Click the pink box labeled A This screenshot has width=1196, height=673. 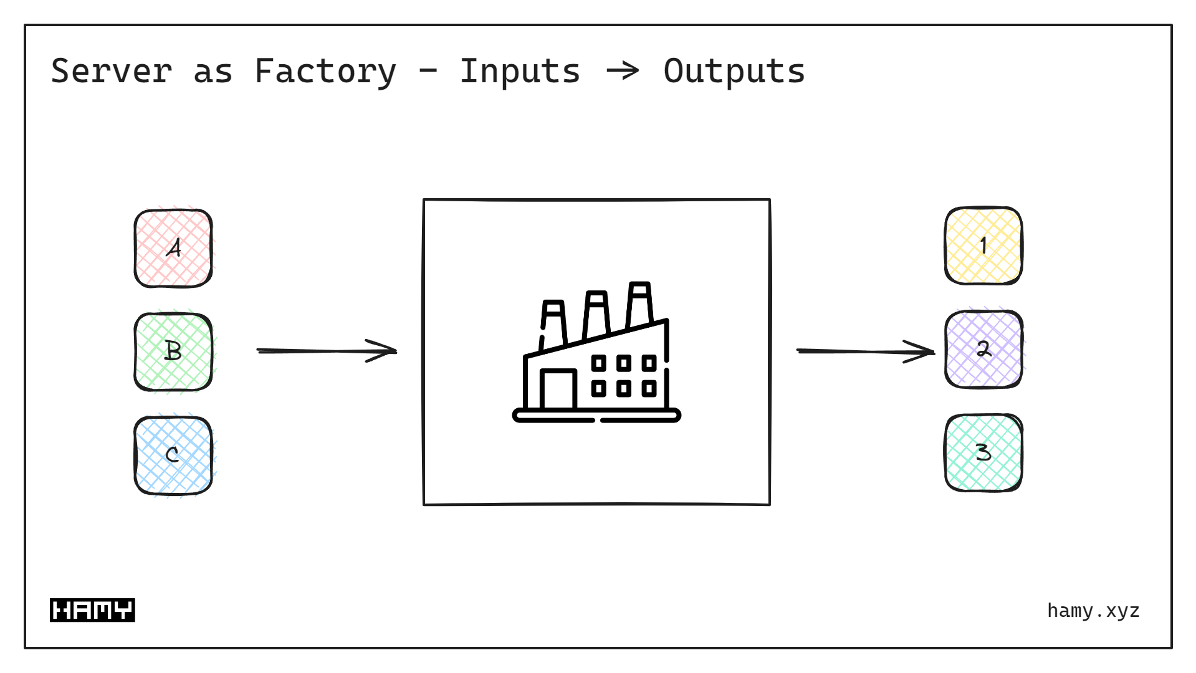pyautogui.click(x=173, y=248)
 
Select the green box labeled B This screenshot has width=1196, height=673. pyautogui.click(x=173, y=351)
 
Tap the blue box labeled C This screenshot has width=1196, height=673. pyautogui.click(x=173, y=455)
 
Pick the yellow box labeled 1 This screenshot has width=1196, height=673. pyautogui.click(x=983, y=246)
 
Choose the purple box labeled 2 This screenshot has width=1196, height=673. pyautogui.click(x=983, y=349)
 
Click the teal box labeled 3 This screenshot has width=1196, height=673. pyautogui.click(x=983, y=452)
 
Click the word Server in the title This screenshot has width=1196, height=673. pyautogui.click(x=111, y=71)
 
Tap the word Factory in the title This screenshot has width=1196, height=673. pyautogui.click(x=325, y=71)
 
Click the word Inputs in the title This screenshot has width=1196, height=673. pyautogui.click(x=520, y=71)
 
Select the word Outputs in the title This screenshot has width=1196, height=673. pyautogui.click(x=734, y=71)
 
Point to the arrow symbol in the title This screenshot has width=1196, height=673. pyautogui.click(x=623, y=71)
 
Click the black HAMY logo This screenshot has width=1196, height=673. pyautogui.click(x=92, y=610)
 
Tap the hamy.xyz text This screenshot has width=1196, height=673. pyautogui.click(x=1093, y=610)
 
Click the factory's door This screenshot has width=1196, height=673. pyautogui.click(x=558, y=389)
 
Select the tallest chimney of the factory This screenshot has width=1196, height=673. pyautogui.click(x=639, y=305)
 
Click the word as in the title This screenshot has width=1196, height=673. pyautogui.click(x=213, y=71)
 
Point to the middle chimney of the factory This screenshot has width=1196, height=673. pyautogui.click(x=596, y=314)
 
